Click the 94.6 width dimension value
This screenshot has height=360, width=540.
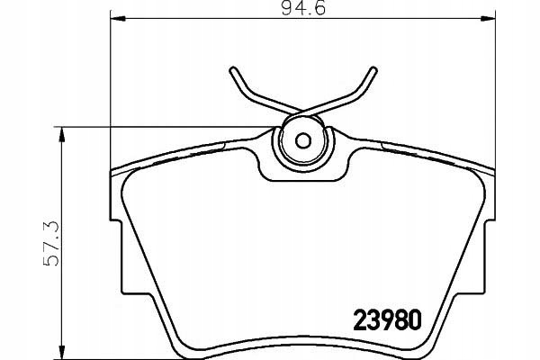pyautogui.click(x=303, y=7)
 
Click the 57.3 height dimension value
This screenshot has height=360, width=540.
pyautogui.click(x=50, y=244)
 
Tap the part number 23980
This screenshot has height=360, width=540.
pyautogui.click(x=387, y=319)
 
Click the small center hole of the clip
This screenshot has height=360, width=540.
pyautogui.click(x=303, y=140)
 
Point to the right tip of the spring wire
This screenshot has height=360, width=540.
pyautogui.click(x=374, y=70)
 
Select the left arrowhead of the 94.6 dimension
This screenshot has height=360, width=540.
pyautogui.click(x=118, y=19)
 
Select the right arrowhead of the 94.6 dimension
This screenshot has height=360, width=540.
pyautogui.click(x=488, y=19)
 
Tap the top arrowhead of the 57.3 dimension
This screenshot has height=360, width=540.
pyautogui.click(x=61, y=134)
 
